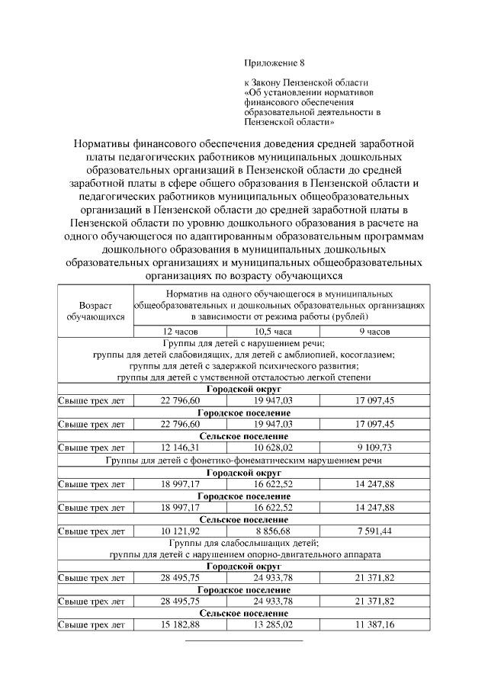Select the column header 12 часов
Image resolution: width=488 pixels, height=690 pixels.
tap(182, 332)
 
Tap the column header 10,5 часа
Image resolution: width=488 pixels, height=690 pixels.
tap(273, 332)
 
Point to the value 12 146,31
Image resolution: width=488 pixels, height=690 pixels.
tap(182, 448)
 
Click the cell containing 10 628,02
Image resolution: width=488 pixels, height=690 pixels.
tap(273, 448)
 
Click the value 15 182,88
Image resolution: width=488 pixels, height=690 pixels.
tap(182, 624)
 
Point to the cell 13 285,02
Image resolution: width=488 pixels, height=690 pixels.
tap(273, 624)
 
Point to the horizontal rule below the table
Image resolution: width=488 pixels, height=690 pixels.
tap(244, 640)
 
